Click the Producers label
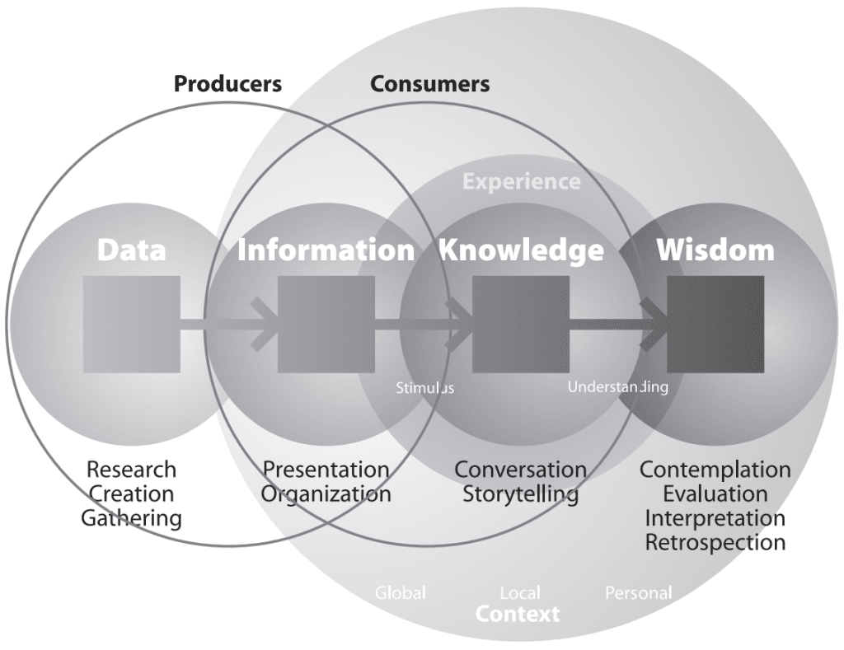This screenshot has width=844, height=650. (227, 83)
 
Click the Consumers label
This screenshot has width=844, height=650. (429, 83)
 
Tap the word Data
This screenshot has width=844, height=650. (131, 250)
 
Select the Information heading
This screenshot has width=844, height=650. (326, 250)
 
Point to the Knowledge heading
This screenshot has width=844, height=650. (521, 250)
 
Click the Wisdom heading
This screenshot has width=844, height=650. (715, 250)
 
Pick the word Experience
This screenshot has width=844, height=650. (521, 181)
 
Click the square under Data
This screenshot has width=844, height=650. (132, 324)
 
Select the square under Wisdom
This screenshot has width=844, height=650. (715, 324)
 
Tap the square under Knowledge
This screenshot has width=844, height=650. (520, 324)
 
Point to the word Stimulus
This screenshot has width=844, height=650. (424, 386)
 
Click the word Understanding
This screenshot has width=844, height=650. (617, 386)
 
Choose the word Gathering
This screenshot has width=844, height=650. (131, 518)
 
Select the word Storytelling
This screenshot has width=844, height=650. (520, 494)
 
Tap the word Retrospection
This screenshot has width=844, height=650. (715, 542)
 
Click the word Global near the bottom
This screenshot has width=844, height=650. (401, 592)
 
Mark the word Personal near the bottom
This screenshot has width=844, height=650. (638, 592)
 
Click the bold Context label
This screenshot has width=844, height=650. (518, 614)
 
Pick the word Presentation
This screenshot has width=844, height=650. (326, 470)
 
